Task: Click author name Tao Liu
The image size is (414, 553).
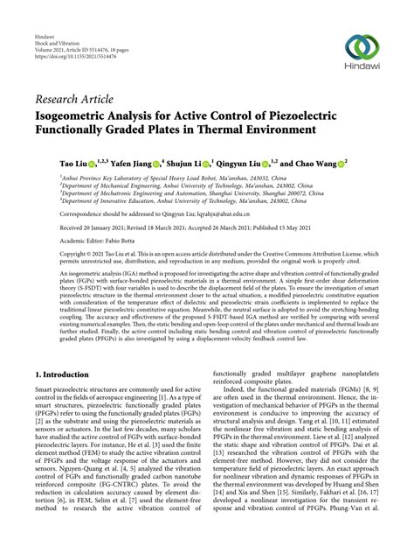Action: tap(50, 163)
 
